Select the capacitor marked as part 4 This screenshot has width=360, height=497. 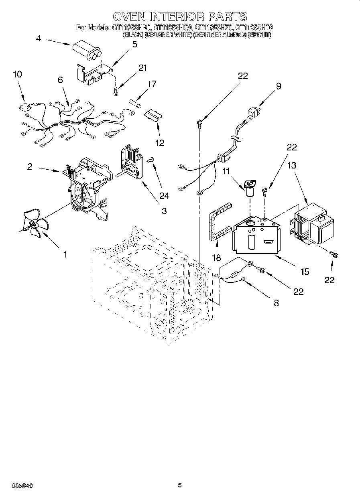(87, 52)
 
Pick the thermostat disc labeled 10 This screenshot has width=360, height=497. (25, 106)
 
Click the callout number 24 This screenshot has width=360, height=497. (164, 196)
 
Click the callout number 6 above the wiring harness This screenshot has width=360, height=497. (60, 80)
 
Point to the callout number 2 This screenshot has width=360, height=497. (30, 166)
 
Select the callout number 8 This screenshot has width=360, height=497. (276, 303)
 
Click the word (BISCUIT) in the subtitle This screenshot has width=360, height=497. (260, 35)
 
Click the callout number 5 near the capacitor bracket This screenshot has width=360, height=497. (134, 45)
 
